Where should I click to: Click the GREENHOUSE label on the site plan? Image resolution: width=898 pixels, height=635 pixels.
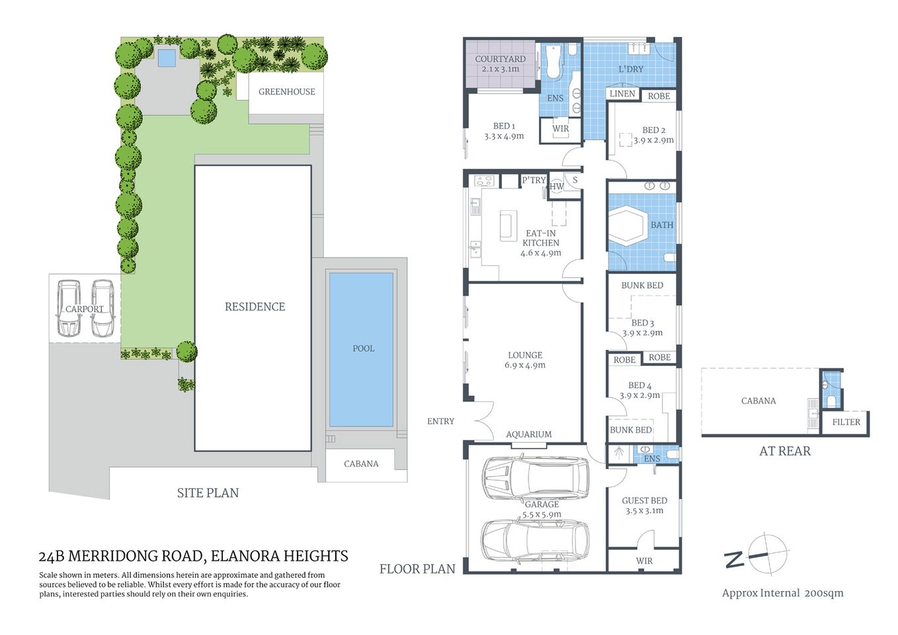pos(286,92)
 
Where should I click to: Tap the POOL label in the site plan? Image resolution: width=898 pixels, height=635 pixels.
pos(363,349)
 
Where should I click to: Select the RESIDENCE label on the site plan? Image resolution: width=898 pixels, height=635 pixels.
pos(255,307)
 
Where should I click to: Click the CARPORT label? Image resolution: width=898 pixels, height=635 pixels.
pos(85,309)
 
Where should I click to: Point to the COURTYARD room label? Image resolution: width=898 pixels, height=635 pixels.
pos(500,59)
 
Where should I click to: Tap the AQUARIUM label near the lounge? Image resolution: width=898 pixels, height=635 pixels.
pos(528,435)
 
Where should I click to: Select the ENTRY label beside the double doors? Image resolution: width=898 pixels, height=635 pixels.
pos(440,421)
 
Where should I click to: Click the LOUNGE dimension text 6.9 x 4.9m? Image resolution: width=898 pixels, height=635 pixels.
pos(525,365)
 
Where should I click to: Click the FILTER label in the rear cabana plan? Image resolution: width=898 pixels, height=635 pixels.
pos(846,422)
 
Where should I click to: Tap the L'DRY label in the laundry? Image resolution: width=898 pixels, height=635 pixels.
pos(631,69)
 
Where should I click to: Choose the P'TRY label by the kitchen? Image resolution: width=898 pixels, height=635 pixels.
pos(534,180)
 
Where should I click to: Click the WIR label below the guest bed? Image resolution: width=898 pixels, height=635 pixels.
pos(644,561)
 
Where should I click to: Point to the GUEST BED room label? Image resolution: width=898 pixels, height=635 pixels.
pos(644,501)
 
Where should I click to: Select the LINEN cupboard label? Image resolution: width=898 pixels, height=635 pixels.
pos(622,94)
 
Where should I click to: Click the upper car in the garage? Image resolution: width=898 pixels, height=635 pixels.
pos(535,478)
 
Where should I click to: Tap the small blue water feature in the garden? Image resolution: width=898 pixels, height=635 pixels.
pos(167,59)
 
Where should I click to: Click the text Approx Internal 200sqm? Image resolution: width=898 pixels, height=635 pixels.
pos(782,593)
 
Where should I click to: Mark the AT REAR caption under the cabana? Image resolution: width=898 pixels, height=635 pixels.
pos(784,451)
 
